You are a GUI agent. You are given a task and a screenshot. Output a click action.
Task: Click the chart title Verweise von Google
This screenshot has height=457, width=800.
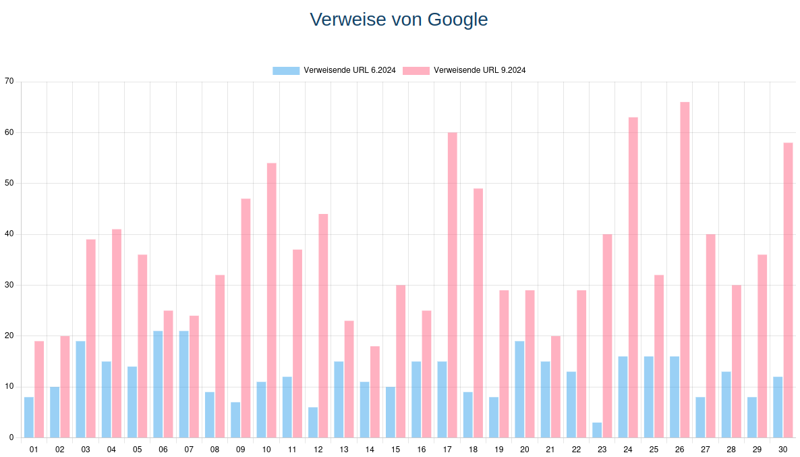coord(399,20)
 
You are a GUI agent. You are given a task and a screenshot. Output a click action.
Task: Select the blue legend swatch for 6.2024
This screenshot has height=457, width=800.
coord(286,70)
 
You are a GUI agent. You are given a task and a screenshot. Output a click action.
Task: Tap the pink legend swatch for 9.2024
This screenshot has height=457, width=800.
coord(416,70)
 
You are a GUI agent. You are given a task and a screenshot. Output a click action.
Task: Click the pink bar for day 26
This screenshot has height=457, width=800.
coord(685,270)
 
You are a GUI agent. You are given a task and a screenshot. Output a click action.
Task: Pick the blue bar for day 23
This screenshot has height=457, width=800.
coord(597,430)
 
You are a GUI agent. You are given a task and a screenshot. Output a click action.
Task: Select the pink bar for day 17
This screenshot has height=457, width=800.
coord(452,285)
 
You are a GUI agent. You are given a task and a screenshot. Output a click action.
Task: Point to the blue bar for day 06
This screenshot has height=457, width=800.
coord(158,384)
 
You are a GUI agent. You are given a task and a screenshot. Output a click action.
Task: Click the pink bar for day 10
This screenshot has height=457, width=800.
coord(271,300)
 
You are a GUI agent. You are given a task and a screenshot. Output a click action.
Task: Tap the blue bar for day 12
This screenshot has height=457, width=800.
coord(313,422)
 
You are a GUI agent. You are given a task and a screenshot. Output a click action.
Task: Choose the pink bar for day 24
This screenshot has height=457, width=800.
coord(633,277)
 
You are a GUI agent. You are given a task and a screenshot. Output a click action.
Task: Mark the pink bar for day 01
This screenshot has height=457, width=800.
coord(39,389)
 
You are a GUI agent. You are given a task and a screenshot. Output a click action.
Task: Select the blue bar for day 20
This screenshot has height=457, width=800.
coord(519,389)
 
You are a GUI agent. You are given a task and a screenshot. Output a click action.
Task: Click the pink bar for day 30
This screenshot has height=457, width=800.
coord(788,290)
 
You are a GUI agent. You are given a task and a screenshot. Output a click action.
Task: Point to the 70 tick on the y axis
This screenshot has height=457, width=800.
coord(9,82)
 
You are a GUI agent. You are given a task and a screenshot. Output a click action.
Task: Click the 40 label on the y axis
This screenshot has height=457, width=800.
coord(9,234)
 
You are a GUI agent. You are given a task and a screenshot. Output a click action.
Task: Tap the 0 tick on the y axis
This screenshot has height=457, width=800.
coord(11,437)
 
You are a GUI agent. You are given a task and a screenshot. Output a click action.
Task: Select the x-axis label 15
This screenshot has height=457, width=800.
coord(395,449)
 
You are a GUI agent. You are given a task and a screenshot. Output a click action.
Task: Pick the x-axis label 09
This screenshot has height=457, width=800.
coord(240,449)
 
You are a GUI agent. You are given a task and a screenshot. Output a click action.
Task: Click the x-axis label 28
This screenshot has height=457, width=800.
coord(731,449)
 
